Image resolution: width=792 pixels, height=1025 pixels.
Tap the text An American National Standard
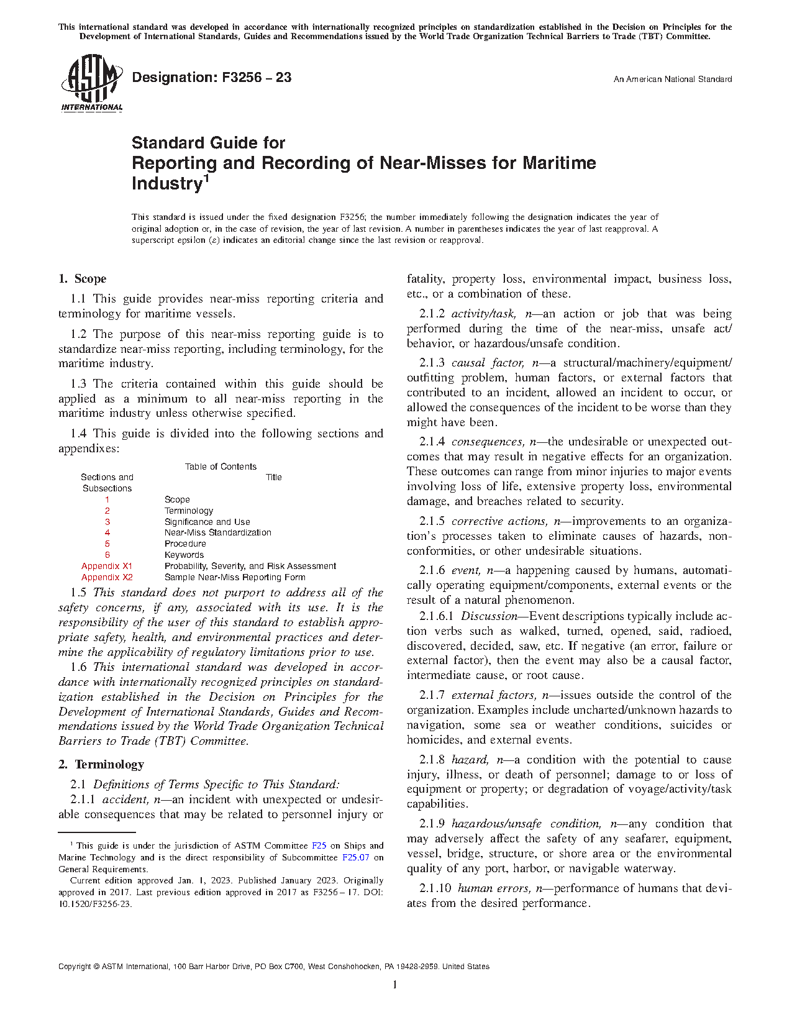coord(672,80)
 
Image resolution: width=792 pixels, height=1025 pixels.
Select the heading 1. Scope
coord(83,279)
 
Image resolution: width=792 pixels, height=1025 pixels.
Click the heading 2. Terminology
coord(101,765)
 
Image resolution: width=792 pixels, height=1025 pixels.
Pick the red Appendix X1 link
coord(107,566)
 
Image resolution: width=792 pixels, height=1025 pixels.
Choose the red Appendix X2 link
coord(107,577)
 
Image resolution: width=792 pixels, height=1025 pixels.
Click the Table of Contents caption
coord(221,467)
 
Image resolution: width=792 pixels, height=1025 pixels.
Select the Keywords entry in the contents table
coord(184,555)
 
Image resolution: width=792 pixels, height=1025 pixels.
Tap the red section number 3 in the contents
coord(107,522)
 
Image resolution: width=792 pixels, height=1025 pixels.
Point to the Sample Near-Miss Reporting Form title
coord(235,577)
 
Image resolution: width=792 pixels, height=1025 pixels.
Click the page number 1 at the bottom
coord(395,985)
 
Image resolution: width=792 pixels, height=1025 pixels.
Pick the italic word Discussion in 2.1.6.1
coord(489,616)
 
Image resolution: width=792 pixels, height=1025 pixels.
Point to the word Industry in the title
coord(167,184)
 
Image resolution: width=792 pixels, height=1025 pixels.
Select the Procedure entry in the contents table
coord(185,544)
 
